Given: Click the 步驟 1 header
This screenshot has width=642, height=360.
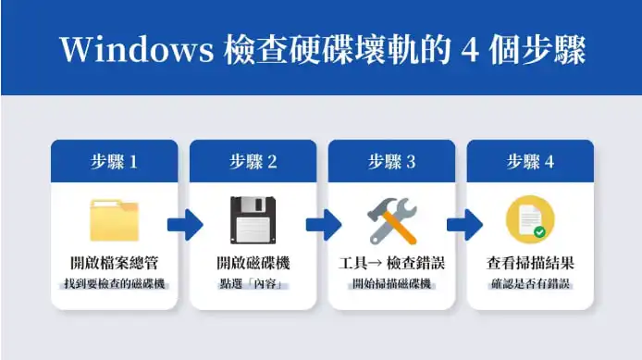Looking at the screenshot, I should point(114,161).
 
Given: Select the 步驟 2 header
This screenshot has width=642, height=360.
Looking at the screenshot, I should point(253,161).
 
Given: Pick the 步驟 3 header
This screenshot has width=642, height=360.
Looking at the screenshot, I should point(391,161).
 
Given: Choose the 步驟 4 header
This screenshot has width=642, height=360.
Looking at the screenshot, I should point(530,161).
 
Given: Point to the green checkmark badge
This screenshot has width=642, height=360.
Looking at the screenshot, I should point(539,232).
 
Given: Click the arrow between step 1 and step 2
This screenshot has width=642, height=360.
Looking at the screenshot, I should point(184,223).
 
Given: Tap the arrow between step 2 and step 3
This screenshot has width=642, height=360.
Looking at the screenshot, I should point(323,223).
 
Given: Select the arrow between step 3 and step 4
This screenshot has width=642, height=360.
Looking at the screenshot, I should point(462,223).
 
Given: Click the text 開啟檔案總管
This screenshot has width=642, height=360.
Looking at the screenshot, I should point(114,263).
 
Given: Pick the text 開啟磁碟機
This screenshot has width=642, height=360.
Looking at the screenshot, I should point(253,263).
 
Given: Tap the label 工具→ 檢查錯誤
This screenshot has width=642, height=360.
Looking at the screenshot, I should point(391,263).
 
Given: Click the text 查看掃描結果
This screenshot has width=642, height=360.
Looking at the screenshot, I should point(530,263).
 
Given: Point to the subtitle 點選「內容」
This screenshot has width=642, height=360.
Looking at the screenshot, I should point(253,281).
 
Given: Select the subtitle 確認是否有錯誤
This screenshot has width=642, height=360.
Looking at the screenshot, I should point(530,281).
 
